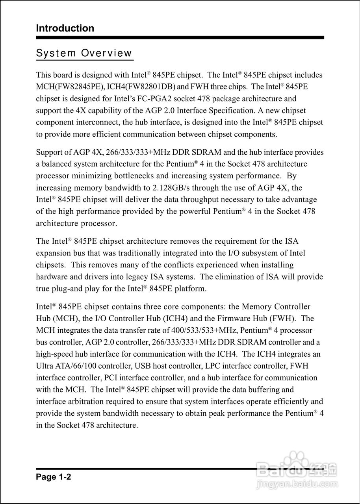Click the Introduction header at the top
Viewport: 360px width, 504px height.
(65, 28)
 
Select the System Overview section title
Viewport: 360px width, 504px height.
(84, 53)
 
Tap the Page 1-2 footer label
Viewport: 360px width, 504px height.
(54, 477)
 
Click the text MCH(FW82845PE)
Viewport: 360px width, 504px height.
(66, 87)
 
